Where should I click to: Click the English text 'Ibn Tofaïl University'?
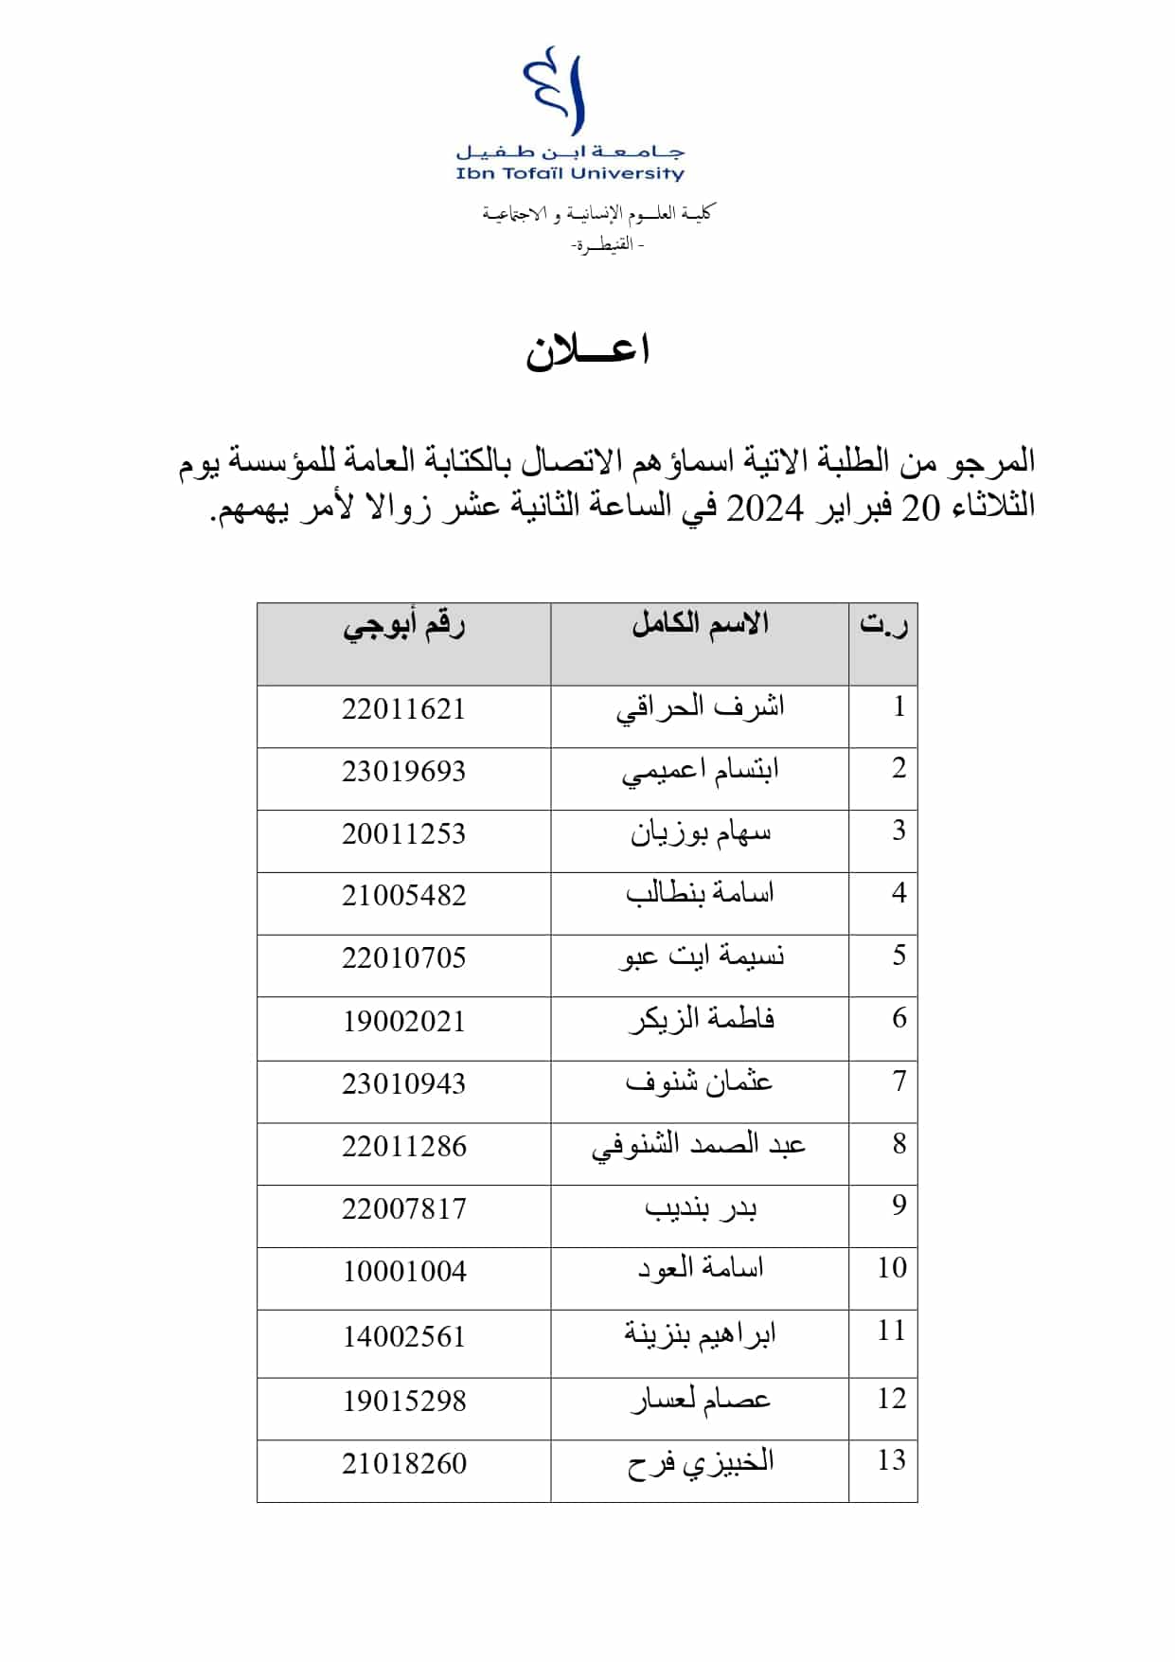click(x=569, y=174)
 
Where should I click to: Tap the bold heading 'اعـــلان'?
click(x=587, y=350)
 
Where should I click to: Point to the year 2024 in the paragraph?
click(x=764, y=509)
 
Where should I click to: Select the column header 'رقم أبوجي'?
click(x=403, y=627)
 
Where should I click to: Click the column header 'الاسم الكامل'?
click(x=700, y=625)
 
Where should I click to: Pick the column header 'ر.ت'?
click(x=883, y=625)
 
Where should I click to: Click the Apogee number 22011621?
click(x=403, y=709)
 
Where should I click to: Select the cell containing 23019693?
click(x=403, y=772)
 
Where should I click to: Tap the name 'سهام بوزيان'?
click(x=701, y=833)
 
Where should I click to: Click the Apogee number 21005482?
click(x=403, y=896)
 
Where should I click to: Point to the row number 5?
click(x=899, y=956)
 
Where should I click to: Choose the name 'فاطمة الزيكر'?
click(x=702, y=1020)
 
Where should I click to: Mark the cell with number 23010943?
click(x=403, y=1083)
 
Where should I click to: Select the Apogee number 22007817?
click(x=403, y=1209)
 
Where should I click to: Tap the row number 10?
click(x=892, y=1268)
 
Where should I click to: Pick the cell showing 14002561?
click(x=403, y=1337)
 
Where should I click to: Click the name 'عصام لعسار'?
click(x=701, y=1400)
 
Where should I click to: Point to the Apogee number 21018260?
click(x=403, y=1464)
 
